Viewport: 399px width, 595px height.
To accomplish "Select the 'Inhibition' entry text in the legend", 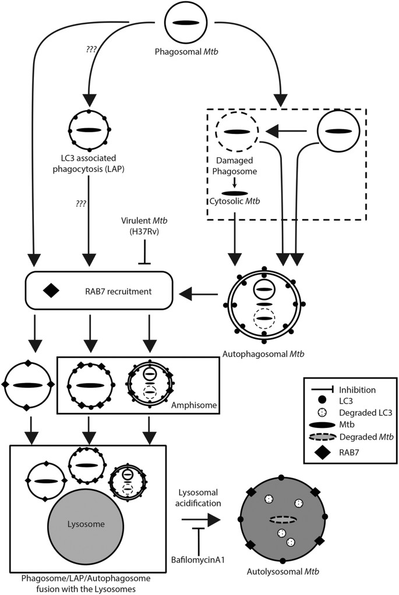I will pyautogui.click(x=358, y=389).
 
